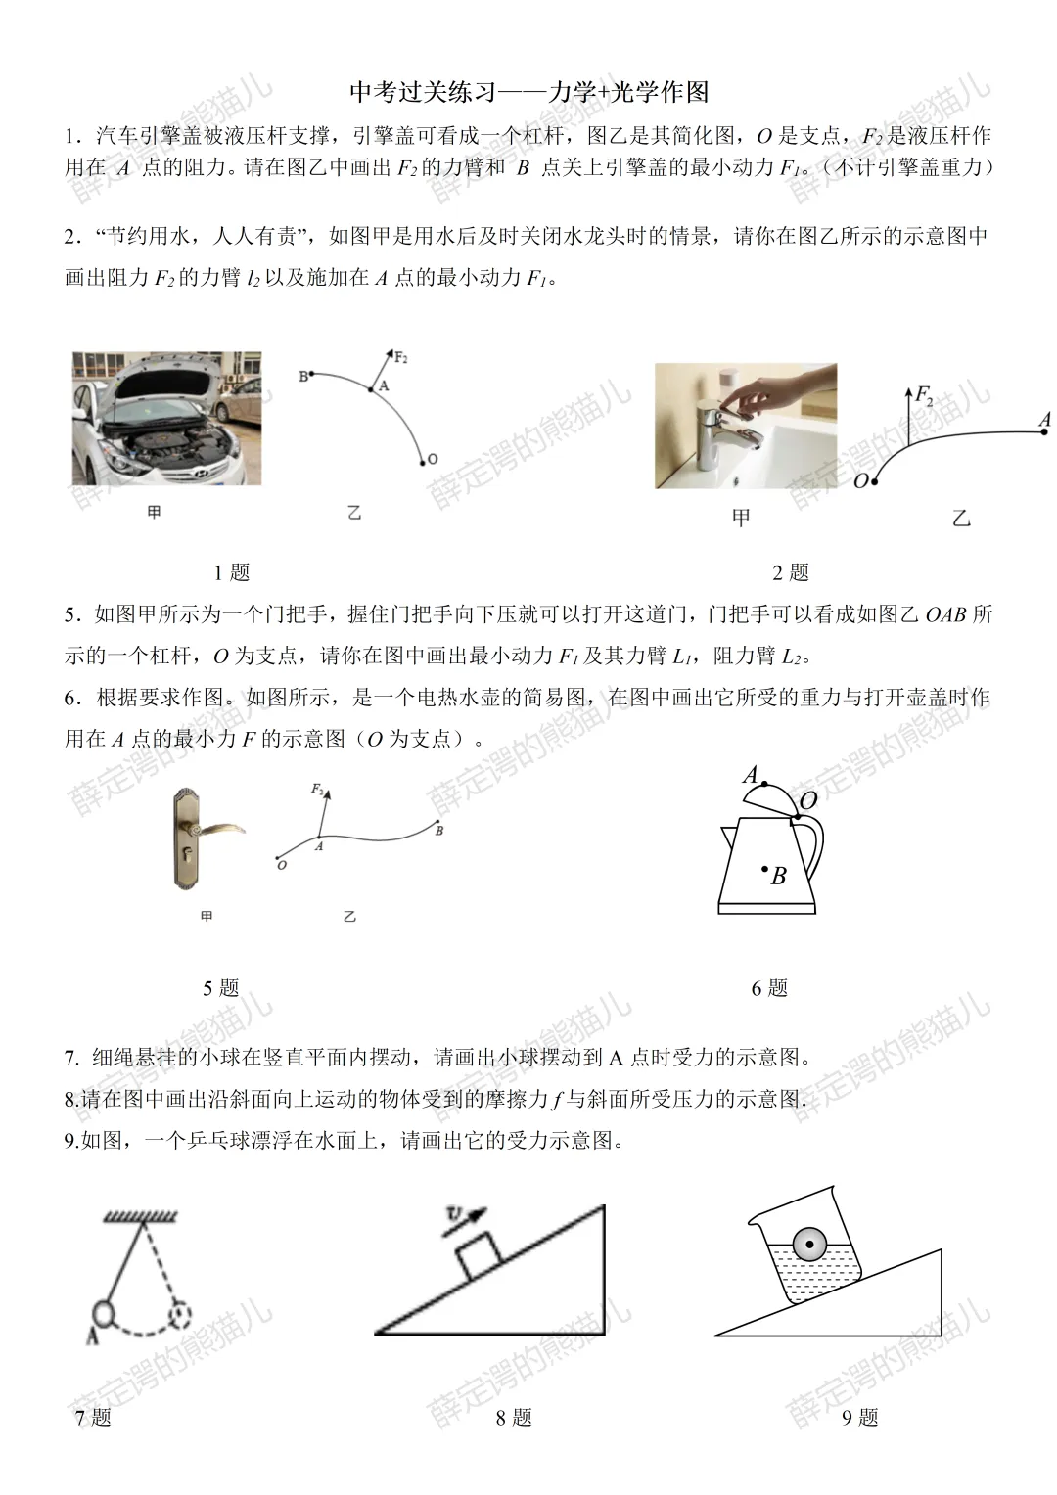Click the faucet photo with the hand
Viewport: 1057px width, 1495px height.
[745, 426]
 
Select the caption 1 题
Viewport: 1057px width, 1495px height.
[232, 572]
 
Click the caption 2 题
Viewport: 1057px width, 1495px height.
[790, 572]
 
